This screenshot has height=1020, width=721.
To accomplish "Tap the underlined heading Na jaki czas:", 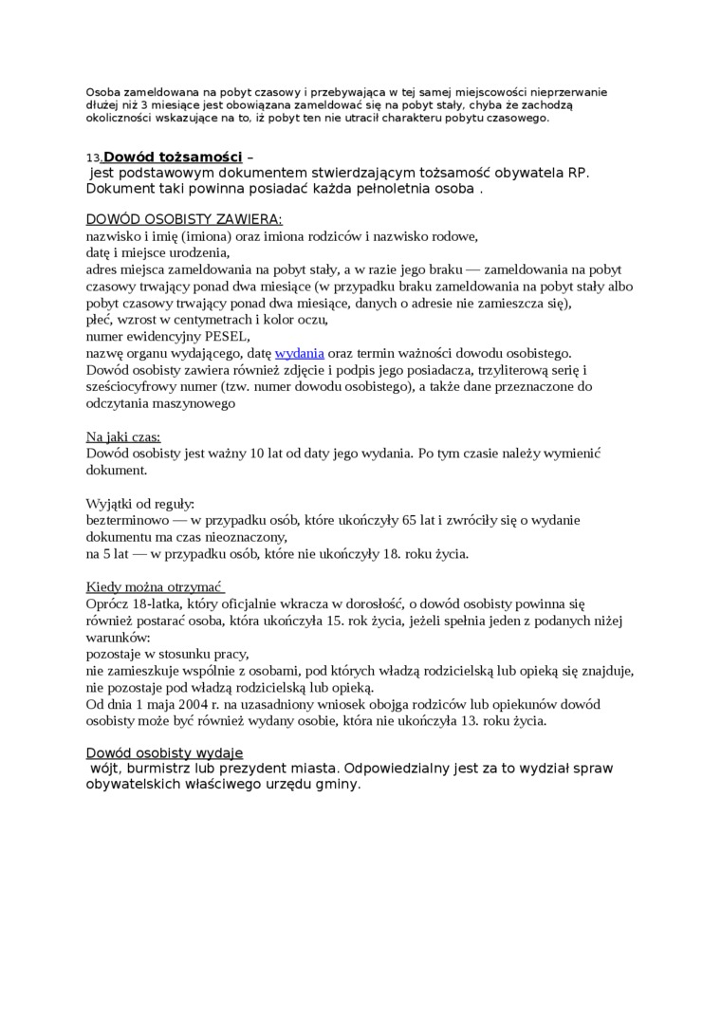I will [123, 436].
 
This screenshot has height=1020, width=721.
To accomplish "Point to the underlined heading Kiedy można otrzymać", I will [155, 586].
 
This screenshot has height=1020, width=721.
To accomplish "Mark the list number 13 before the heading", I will [93, 158].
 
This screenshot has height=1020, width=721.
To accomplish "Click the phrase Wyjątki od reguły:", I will [139, 503].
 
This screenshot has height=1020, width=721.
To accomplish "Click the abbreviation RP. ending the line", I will [578, 173].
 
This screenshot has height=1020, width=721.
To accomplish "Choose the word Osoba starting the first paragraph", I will [103, 92].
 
